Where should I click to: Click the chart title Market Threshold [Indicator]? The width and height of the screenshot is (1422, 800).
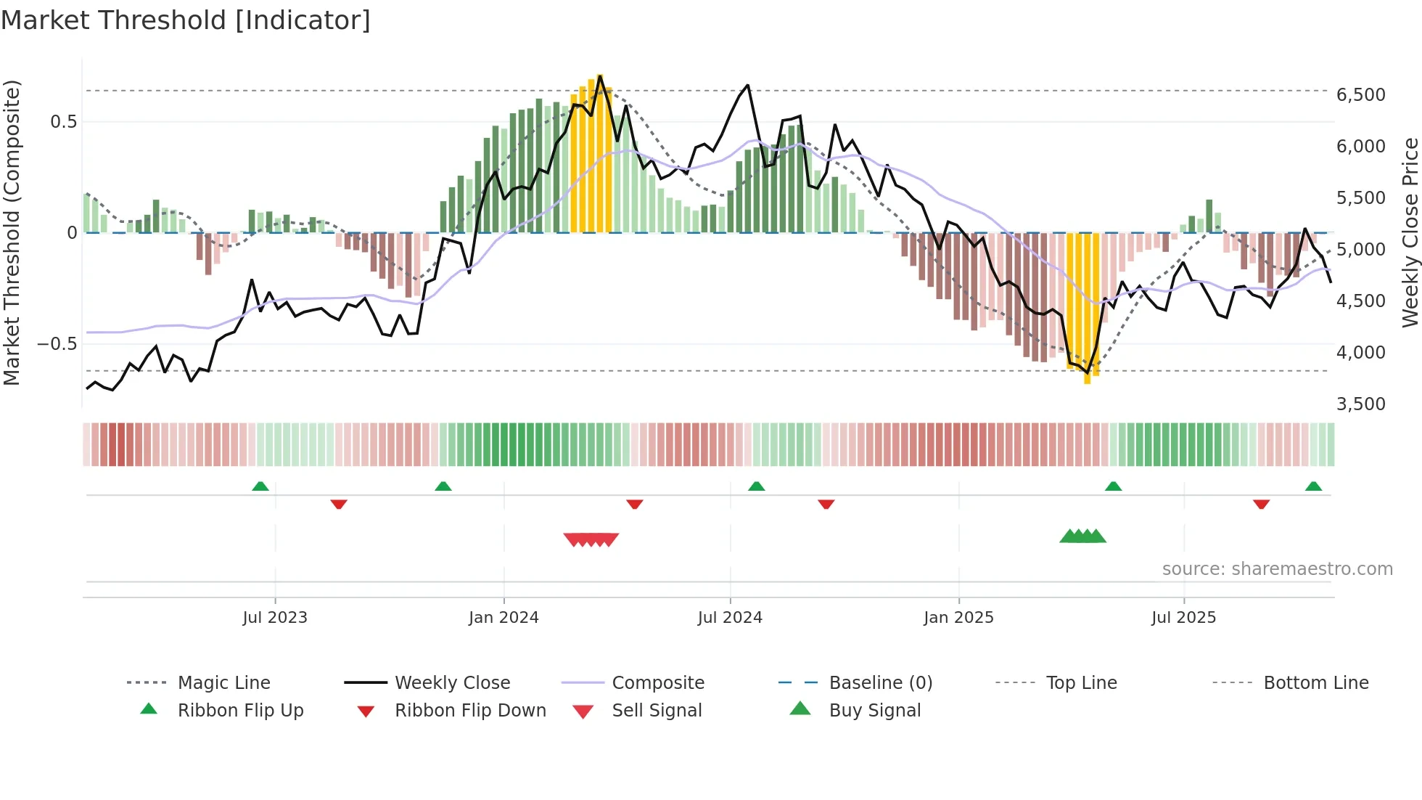point(186,20)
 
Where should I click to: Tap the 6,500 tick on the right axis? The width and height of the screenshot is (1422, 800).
point(1360,95)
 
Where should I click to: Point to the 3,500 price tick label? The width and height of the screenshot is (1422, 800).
point(1360,404)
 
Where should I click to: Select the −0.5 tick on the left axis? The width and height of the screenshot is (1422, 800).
point(57,344)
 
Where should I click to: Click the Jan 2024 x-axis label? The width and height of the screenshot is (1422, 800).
point(504,618)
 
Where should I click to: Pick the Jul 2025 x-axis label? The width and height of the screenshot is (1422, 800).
point(1183,618)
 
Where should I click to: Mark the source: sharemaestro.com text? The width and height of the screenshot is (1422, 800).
point(1277,569)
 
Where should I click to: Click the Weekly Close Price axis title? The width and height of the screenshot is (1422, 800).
point(1410,232)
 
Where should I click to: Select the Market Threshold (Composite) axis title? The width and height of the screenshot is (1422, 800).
point(12,232)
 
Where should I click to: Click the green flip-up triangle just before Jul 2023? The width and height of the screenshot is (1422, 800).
point(260,486)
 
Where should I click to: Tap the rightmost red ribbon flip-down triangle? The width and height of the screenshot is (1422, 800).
point(1261,504)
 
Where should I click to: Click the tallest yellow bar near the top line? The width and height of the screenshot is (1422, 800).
point(600,152)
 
